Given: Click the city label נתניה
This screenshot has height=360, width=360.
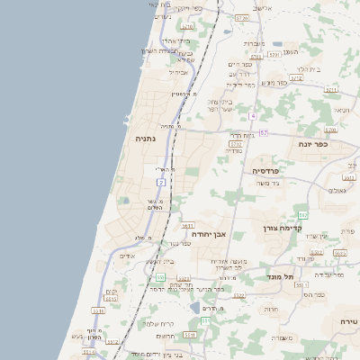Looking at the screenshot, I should tap(146, 139).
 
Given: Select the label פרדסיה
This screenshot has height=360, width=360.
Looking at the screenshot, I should tap(266, 169).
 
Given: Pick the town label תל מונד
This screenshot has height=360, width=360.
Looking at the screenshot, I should tap(281, 277).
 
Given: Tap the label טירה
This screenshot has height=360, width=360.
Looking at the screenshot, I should tap(349, 320).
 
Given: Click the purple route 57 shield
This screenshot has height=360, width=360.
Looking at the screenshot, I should tap(263, 133).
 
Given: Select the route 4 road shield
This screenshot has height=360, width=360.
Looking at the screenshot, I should tap(254, 116).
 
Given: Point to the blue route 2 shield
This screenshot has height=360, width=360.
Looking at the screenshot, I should tap(161, 182).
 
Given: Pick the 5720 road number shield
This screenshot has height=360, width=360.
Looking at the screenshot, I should tap(241, 17).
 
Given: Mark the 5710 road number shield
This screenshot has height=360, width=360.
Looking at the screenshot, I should tap(187, 27).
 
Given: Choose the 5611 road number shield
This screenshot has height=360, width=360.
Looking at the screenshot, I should tap(187, 225).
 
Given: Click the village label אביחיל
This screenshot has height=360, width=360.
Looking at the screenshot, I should tap(178, 71).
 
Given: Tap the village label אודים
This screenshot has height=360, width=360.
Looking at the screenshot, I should tap(127, 256).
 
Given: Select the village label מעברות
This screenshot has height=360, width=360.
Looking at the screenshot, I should tap(254, 43).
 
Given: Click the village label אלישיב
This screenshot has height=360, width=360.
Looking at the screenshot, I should tap(262, 7).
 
